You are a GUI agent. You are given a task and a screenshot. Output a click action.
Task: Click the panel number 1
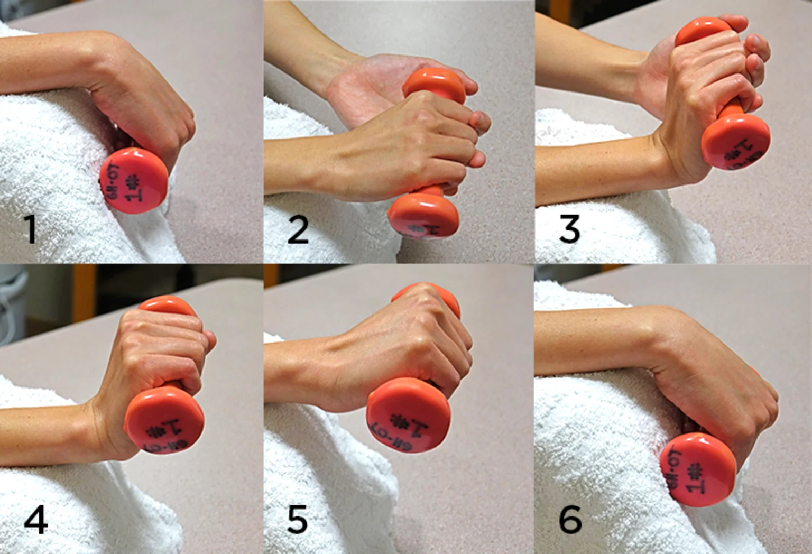[31, 229]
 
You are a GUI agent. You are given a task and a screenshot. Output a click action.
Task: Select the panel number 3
[569, 229]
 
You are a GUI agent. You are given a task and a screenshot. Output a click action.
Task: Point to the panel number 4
[36, 519]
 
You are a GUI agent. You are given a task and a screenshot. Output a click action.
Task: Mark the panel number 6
[570, 519]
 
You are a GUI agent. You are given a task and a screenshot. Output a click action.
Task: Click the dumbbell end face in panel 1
[134, 181]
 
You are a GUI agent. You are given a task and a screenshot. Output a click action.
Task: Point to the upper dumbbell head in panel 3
[703, 32]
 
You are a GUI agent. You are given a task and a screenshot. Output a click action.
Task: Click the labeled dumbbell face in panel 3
[736, 143]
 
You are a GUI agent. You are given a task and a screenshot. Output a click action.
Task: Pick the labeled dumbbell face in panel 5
[408, 414]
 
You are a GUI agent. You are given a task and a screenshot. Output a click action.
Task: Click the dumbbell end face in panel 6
[698, 469]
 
